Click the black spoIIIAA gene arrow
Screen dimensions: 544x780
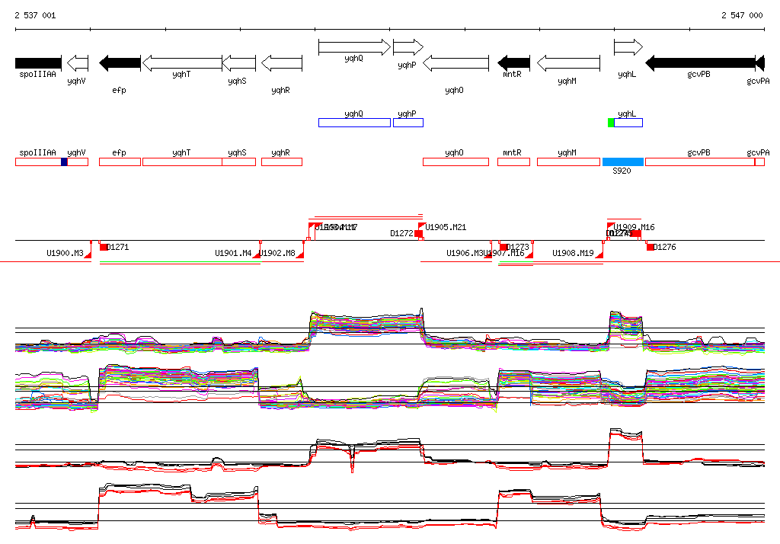[x=38, y=62]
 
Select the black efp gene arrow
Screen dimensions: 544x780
[x=120, y=62]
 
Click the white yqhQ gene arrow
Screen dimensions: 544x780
[x=353, y=47]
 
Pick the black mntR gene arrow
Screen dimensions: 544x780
[x=514, y=62]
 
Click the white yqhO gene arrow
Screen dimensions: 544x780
[x=456, y=62]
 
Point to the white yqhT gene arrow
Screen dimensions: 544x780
[x=182, y=62]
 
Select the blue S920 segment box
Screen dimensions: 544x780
[x=622, y=162]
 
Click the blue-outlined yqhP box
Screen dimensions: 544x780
[x=408, y=123]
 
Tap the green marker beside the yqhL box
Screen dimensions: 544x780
[x=611, y=123]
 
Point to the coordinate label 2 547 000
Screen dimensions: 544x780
[x=742, y=15]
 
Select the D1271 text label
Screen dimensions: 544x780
[x=118, y=247]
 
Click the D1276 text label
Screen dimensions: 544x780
[x=665, y=247]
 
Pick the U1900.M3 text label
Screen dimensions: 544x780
[x=65, y=253]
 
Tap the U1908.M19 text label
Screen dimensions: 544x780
[x=573, y=253]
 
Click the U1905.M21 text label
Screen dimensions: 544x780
[x=446, y=227]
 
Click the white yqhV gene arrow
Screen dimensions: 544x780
[x=78, y=62]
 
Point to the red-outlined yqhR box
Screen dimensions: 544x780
[x=282, y=162]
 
